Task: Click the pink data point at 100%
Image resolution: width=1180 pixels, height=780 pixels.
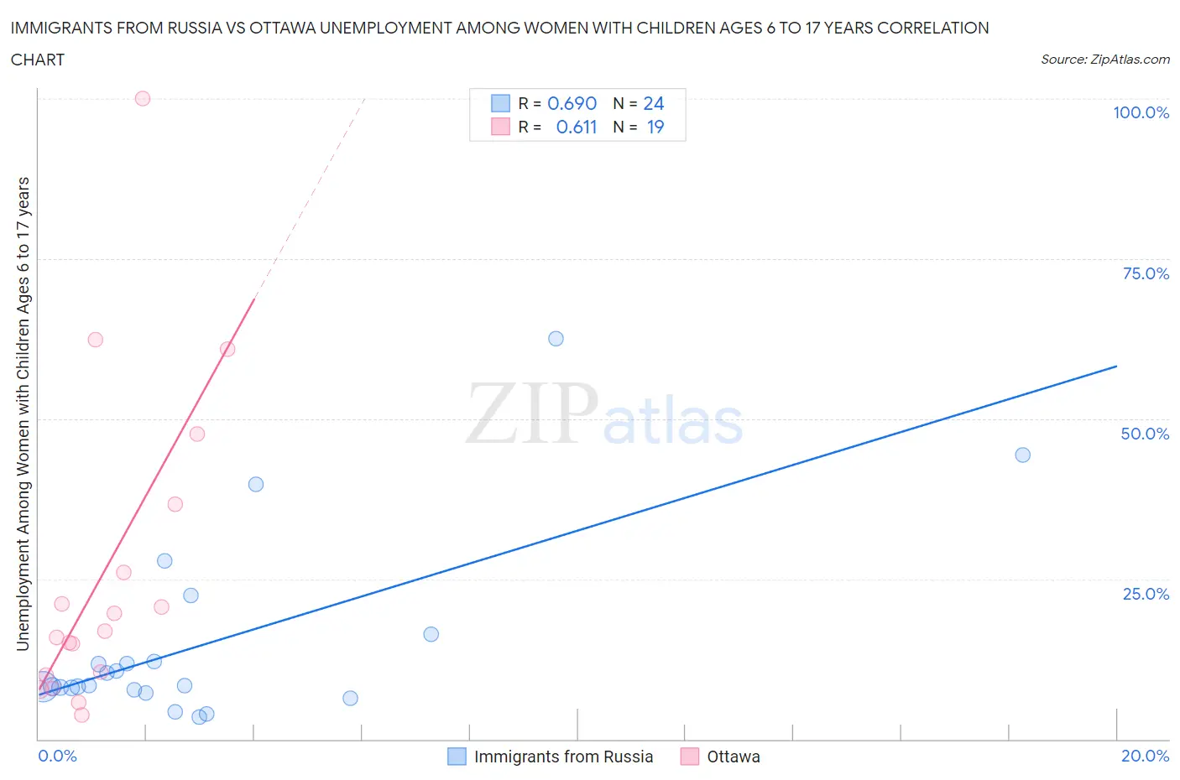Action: pyautogui.click(x=143, y=98)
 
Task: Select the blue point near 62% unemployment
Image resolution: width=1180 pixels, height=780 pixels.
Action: pyautogui.click(x=556, y=339)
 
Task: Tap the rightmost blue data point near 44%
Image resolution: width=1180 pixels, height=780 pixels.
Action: pyautogui.click(x=1022, y=455)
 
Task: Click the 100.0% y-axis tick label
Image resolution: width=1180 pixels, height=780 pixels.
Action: pyautogui.click(x=1141, y=112)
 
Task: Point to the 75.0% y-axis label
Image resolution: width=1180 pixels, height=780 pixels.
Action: pyautogui.click(x=1146, y=273)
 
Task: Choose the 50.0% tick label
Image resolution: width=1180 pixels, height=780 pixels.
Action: pyautogui.click(x=1145, y=434)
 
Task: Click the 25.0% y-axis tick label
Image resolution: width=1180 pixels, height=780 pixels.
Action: pyautogui.click(x=1146, y=594)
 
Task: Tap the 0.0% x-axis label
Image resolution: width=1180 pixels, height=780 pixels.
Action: pyautogui.click(x=57, y=756)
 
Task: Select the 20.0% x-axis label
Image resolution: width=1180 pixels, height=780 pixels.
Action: pyautogui.click(x=1145, y=756)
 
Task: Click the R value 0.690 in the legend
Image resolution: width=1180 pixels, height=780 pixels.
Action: pyautogui.click(x=572, y=103)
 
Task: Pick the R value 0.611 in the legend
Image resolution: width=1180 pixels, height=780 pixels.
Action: pyautogui.click(x=576, y=127)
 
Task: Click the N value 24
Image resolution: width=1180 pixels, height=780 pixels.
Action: pyautogui.click(x=653, y=103)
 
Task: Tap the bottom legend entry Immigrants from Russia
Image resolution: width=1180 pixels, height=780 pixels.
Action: pyautogui.click(x=563, y=757)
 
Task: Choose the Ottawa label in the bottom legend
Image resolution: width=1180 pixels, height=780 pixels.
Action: pyautogui.click(x=733, y=757)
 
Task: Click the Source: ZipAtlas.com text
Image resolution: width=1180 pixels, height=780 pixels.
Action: pyautogui.click(x=1104, y=60)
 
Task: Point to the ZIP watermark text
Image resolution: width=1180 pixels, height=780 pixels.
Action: pyautogui.click(x=532, y=413)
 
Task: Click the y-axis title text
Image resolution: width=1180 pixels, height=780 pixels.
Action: pyautogui.click(x=23, y=413)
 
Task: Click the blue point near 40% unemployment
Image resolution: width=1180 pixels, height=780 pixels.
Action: pyautogui.click(x=256, y=484)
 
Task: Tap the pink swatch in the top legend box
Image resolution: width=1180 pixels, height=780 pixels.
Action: pyautogui.click(x=500, y=127)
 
